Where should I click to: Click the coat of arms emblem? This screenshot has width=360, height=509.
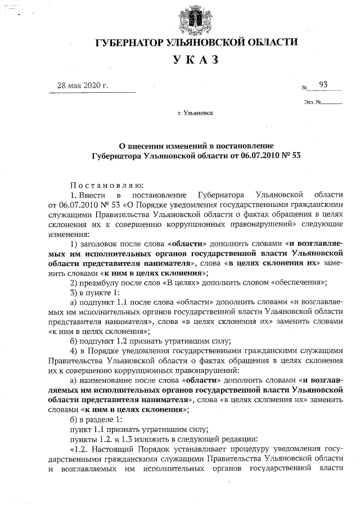pyautogui.click(x=195, y=19)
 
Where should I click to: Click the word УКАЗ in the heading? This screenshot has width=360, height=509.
pyautogui.click(x=195, y=60)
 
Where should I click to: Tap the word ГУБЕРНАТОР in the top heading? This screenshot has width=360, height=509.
pyautogui.click(x=128, y=43)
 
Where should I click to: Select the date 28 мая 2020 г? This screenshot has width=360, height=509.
pyautogui.click(x=82, y=85)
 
